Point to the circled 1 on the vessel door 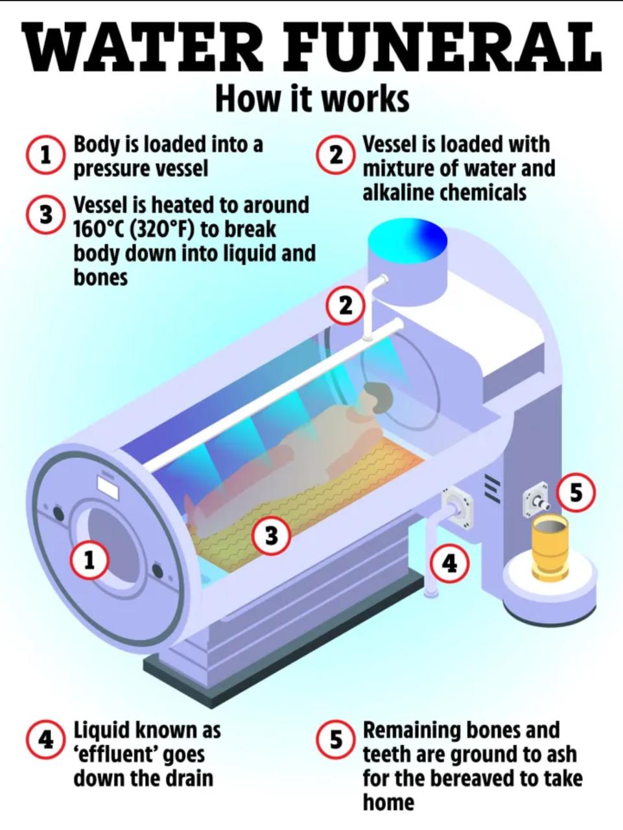click(x=89, y=560)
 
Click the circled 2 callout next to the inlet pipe click(x=346, y=305)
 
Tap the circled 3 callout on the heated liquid click(x=271, y=536)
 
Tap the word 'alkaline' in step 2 click(x=399, y=193)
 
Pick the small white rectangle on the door click(x=108, y=487)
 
